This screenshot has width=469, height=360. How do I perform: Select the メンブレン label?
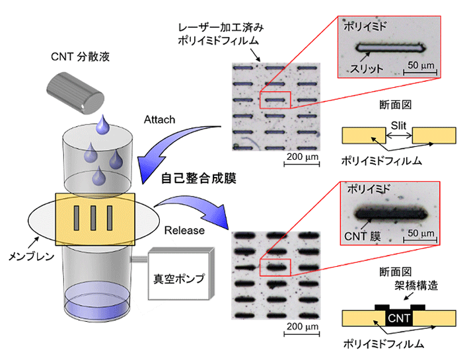pos(24,253)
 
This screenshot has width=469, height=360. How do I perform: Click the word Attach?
pos(159,120)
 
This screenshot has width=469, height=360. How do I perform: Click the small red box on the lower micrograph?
pos(275,268)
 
